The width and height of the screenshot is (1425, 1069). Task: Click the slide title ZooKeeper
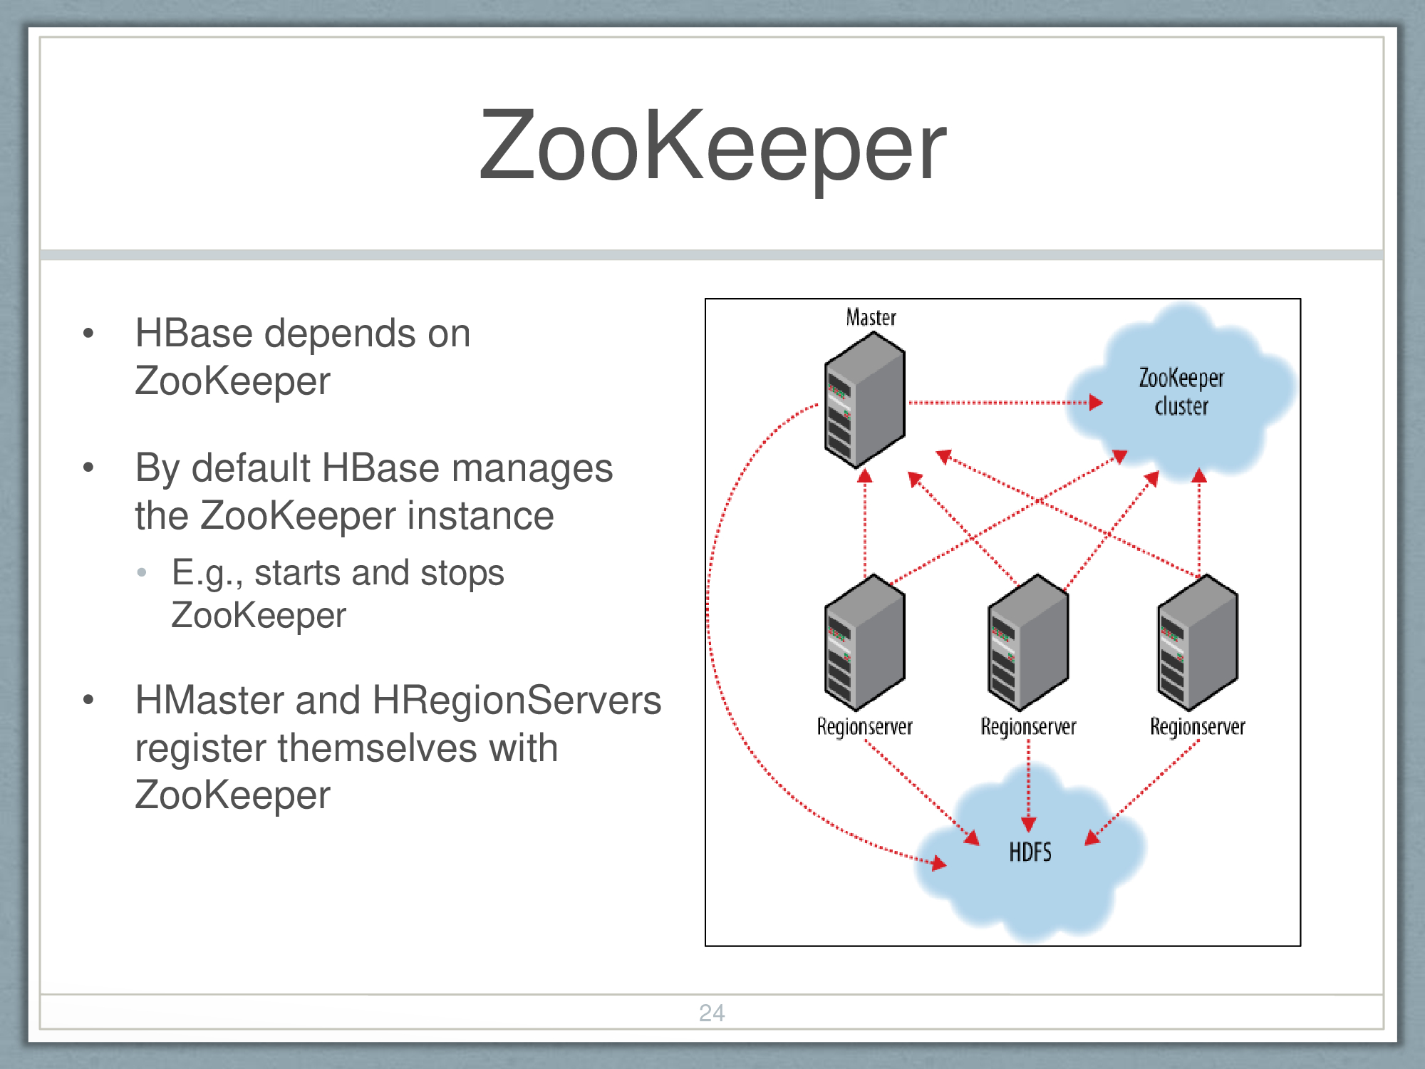click(x=712, y=146)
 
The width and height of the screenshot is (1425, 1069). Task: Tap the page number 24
click(x=712, y=1013)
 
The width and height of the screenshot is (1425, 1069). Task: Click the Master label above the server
click(x=871, y=317)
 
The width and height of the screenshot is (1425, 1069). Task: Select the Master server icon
click(x=864, y=401)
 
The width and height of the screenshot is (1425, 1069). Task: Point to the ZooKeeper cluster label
click(x=1181, y=391)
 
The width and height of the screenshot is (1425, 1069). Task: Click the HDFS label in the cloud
click(x=1030, y=852)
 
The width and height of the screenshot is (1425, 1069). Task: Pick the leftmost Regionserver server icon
click(x=864, y=643)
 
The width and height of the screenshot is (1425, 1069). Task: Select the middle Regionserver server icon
click(x=1027, y=643)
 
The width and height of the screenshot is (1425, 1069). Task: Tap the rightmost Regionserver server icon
click(x=1197, y=643)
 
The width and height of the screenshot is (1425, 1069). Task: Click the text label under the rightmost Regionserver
click(x=1197, y=727)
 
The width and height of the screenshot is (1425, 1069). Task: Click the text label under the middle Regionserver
click(x=1028, y=727)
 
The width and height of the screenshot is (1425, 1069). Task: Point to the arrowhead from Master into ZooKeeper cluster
click(x=1096, y=403)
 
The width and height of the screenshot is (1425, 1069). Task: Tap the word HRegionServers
click(x=517, y=700)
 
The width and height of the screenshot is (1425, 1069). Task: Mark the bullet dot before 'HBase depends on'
click(x=88, y=334)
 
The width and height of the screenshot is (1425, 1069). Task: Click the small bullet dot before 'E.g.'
click(x=142, y=572)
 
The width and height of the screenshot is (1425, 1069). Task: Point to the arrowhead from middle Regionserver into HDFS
click(x=1028, y=825)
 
